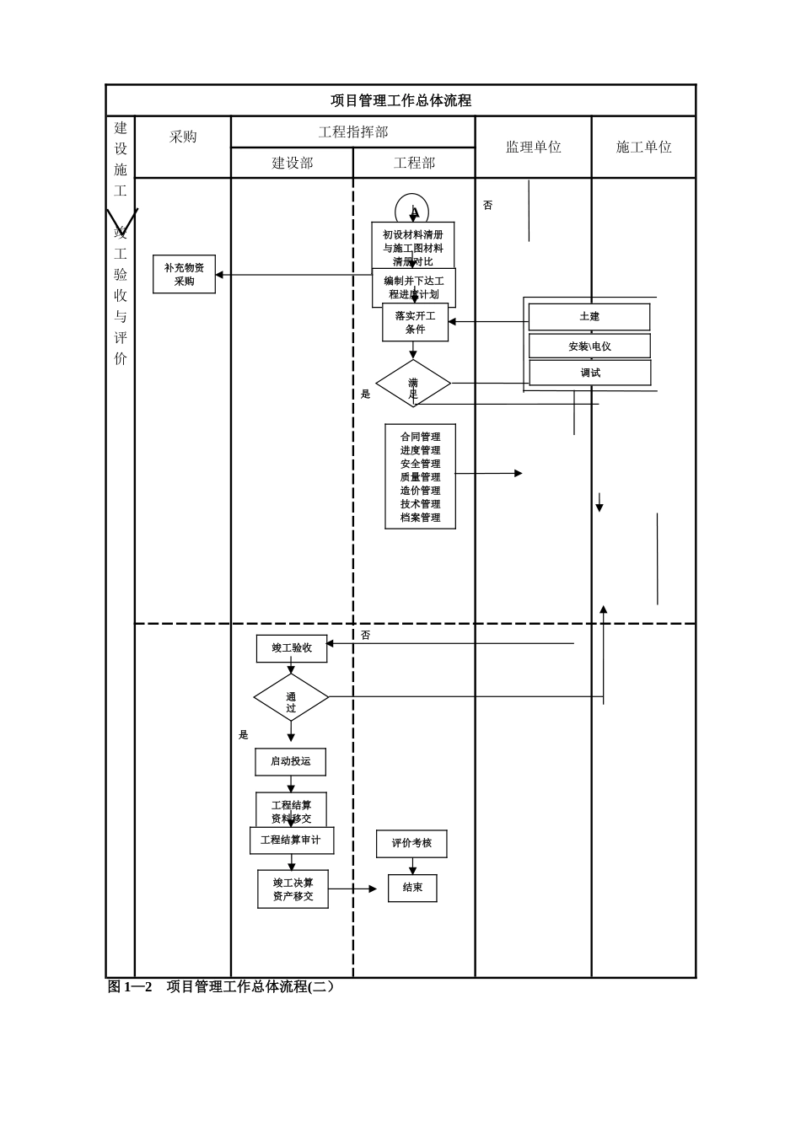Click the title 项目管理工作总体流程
click(x=400, y=100)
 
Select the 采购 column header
click(x=183, y=137)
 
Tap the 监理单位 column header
click(x=533, y=147)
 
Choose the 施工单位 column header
click(x=643, y=147)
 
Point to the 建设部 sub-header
click(x=292, y=163)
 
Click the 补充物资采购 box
click(x=184, y=274)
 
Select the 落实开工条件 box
click(x=415, y=322)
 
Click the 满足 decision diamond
click(x=413, y=384)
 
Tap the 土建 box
click(x=589, y=317)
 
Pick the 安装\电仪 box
click(x=589, y=346)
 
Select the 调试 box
click(x=590, y=373)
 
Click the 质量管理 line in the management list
click(x=420, y=477)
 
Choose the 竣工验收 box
click(x=292, y=648)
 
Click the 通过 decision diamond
click(x=291, y=697)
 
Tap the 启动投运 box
click(x=290, y=761)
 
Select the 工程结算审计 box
click(x=291, y=840)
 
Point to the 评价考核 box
click(x=411, y=843)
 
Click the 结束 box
click(x=412, y=888)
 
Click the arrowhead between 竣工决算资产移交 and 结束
click(x=373, y=889)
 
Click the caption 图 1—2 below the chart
click(x=130, y=986)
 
